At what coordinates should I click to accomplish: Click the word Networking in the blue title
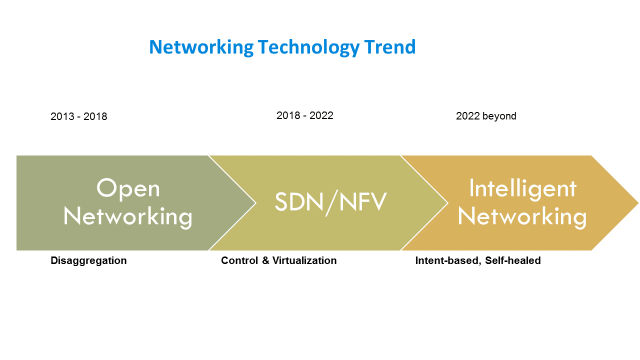(201, 47)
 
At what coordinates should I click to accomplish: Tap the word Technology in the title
(308, 47)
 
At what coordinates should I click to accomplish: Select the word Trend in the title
(389, 47)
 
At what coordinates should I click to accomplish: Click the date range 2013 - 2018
(79, 116)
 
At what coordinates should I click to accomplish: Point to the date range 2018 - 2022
(305, 115)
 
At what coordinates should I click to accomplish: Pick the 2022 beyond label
(486, 116)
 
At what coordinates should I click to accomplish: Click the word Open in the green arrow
(128, 188)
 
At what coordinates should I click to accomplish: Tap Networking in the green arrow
(127, 217)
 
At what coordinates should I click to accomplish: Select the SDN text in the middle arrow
(299, 201)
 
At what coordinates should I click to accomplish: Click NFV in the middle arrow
(363, 201)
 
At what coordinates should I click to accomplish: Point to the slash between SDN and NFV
(331, 202)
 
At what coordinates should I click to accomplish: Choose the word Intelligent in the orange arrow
(523, 189)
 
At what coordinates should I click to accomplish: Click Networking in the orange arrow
(522, 217)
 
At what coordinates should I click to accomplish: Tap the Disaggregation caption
(88, 261)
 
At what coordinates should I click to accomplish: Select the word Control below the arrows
(239, 260)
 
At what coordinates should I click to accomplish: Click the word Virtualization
(304, 260)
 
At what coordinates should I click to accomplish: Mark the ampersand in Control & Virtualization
(265, 260)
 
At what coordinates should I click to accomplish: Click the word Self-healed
(513, 260)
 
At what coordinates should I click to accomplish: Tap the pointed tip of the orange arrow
(638, 203)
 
